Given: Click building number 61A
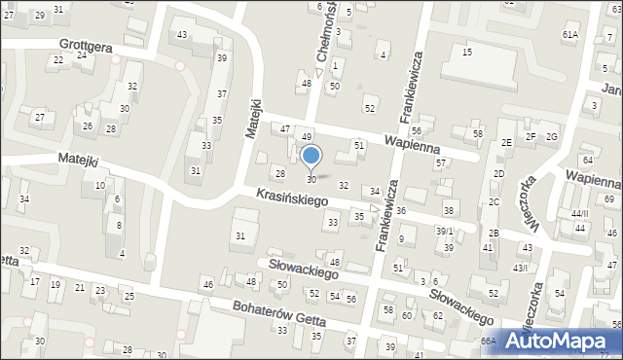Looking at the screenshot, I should pyautogui.click(x=569, y=34).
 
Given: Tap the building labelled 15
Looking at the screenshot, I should pyautogui.click(x=467, y=52).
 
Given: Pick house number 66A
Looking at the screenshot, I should pyautogui.click(x=488, y=342).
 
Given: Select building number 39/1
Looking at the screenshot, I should pyautogui.click(x=444, y=231).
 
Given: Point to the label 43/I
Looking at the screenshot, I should pyautogui.click(x=521, y=268).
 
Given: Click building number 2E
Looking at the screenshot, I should pyautogui.click(x=507, y=142).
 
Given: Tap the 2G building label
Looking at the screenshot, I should pyautogui.click(x=552, y=136).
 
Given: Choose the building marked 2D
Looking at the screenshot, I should pyautogui.click(x=498, y=173).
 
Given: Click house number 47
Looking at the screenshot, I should pyautogui.click(x=285, y=128).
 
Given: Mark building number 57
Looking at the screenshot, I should pyautogui.click(x=440, y=162).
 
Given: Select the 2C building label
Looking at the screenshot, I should pyautogui.click(x=495, y=201).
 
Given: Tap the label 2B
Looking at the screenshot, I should pyautogui.click(x=494, y=233).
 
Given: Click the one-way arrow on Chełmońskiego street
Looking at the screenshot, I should pyautogui.click(x=319, y=72).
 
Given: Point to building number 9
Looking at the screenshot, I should pyautogui.click(x=401, y=238).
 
